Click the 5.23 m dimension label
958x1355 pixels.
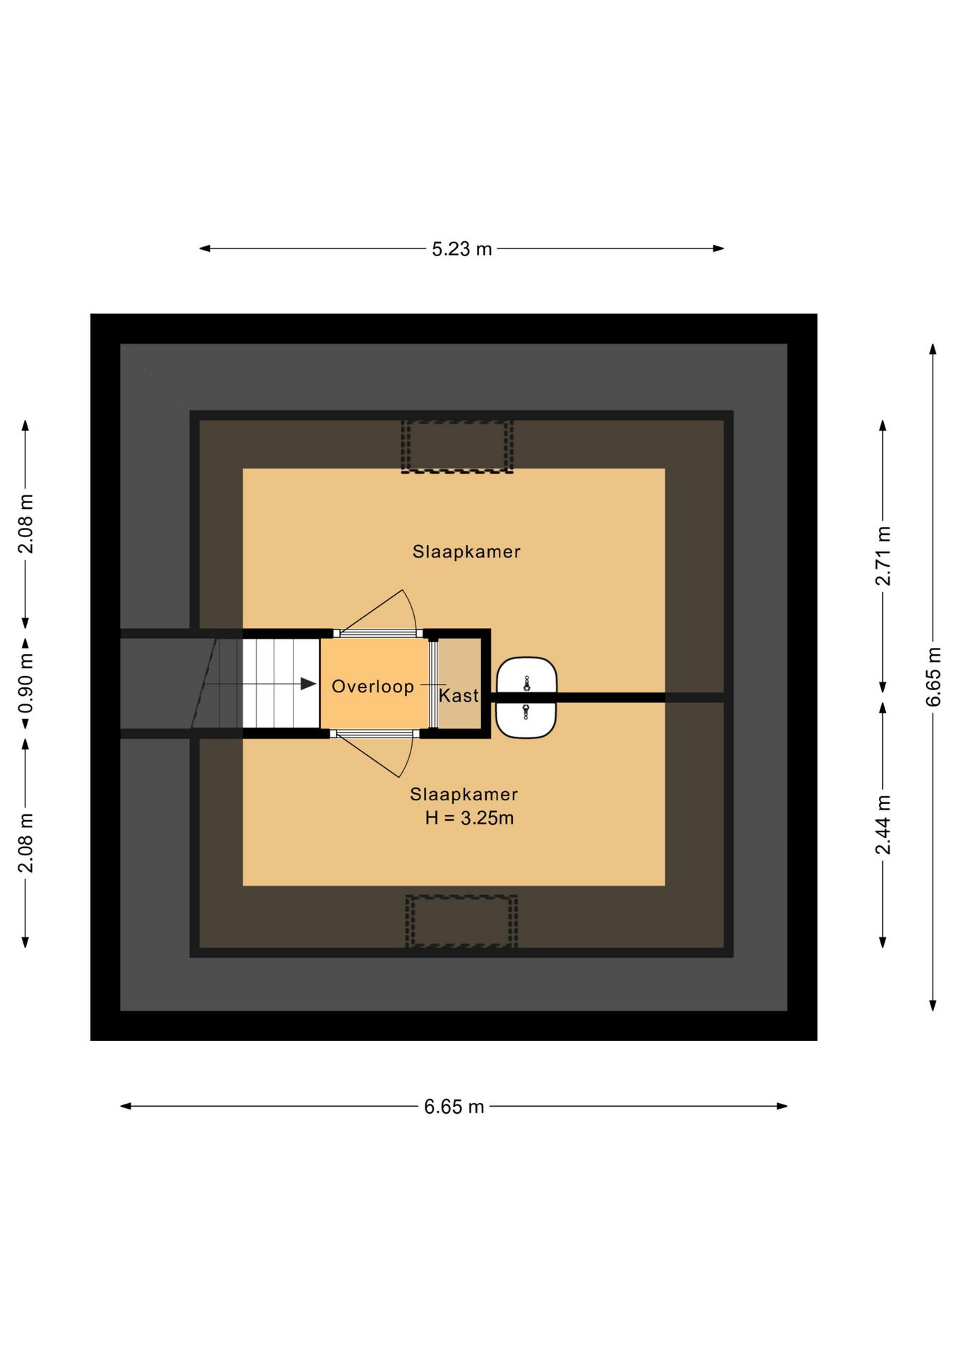tap(461, 249)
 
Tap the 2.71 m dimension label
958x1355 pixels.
tap(883, 555)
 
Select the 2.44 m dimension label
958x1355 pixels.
tap(883, 824)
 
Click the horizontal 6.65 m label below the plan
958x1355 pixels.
tap(454, 1107)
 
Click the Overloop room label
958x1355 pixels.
tap(372, 687)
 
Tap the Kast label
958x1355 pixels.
tap(459, 696)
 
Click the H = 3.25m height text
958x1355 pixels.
tap(469, 818)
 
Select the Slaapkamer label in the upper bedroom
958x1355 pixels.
tap(466, 552)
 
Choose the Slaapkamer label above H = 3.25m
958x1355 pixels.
tap(463, 794)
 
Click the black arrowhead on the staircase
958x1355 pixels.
tap(308, 684)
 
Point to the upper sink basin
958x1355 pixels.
tap(526, 676)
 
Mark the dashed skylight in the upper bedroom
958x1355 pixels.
tap(457, 446)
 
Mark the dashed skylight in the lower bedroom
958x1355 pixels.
tap(461, 921)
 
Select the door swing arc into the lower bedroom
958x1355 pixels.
tap(409, 759)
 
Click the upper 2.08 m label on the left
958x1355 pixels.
tap(25, 524)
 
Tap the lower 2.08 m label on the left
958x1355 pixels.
tap(25, 843)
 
